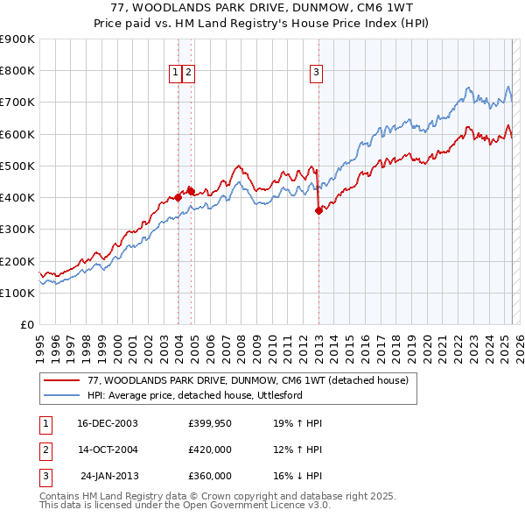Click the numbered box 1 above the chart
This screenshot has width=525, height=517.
pyautogui.click(x=175, y=73)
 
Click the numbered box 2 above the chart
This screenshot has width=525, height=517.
pyautogui.click(x=188, y=73)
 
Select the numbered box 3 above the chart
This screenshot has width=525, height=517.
pyautogui.click(x=316, y=73)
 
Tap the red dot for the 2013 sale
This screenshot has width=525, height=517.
pyautogui.click(x=318, y=210)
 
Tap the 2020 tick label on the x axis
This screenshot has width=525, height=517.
pyautogui.click(x=427, y=344)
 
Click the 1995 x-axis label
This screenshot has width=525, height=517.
pyautogui.click(x=40, y=344)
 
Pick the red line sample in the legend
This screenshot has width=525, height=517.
pyautogui.click(x=62, y=380)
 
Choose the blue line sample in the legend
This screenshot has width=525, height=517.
pyautogui.click(x=62, y=395)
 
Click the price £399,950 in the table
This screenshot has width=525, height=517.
pyautogui.click(x=209, y=423)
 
